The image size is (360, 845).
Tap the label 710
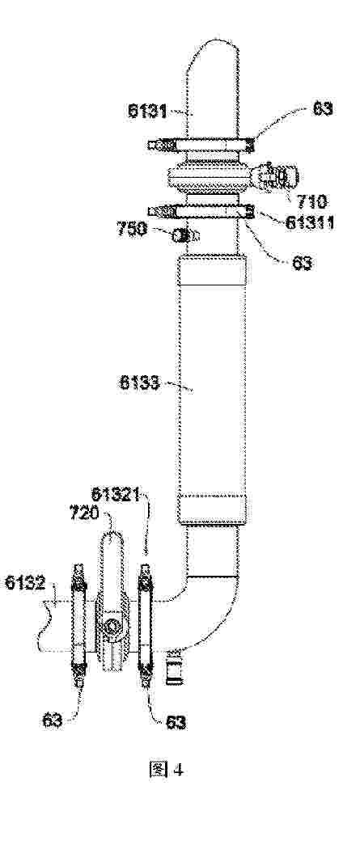pyautogui.click(x=311, y=201)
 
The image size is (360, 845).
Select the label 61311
pyautogui.click(x=309, y=222)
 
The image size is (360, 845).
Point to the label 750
pyautogui.click(x=132, y=229)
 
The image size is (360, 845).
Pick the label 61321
pyautogui.click(x=116, y=495)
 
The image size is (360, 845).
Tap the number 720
pyautogui.click(x=84, y=513)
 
